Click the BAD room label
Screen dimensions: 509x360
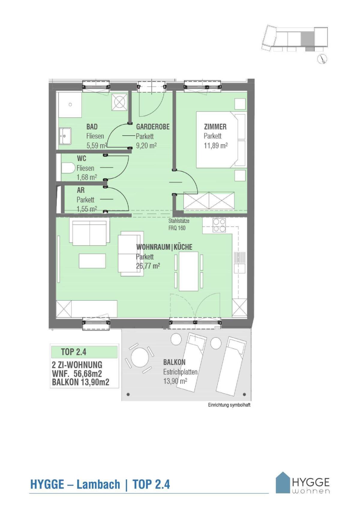click(92, 127)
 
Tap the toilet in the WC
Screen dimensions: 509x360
click(68, 168)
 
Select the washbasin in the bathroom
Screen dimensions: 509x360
click(65, 136)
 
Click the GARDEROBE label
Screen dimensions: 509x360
click(153, 127)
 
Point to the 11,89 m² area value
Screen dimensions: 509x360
click(215, 146)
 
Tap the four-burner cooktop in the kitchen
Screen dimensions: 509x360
click(219, 225)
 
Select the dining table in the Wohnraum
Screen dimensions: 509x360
click(188, 271)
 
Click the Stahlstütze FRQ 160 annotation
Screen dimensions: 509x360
click(178, 225)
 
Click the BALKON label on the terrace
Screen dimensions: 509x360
click(174, 362)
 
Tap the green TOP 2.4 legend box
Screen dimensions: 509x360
click(84, 352)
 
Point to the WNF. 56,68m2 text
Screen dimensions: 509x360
click(77, 374)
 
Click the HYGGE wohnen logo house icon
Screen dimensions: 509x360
click(283, 482)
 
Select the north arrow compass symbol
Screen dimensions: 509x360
click(322, 59)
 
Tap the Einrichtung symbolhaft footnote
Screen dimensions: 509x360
click(229, 405)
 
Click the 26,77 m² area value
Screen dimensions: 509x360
click(148, 266)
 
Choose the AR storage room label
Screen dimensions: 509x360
click(81, 190)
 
